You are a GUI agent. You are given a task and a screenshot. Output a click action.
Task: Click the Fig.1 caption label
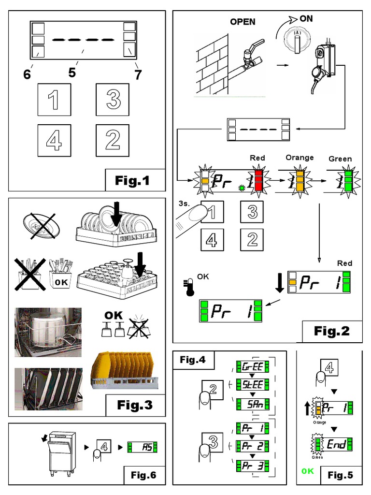132,181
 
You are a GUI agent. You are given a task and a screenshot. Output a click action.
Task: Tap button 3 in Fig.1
113,99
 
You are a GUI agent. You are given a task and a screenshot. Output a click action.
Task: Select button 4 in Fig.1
54,140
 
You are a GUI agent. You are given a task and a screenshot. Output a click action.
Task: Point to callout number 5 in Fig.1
72,73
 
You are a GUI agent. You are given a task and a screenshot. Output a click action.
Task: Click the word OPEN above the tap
243,22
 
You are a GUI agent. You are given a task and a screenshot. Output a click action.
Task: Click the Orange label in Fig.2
300,158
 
